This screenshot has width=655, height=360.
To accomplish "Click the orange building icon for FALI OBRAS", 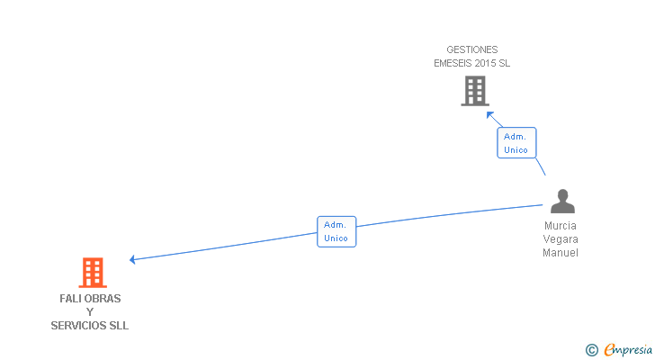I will pos(93,272).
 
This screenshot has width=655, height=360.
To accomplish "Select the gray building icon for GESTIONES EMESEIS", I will pos(475,91).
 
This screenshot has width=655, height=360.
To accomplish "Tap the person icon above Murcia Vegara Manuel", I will pos(562,202).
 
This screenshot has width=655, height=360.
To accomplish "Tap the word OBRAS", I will pos(103,298).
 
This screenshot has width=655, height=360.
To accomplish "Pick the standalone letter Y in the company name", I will pos(90,311).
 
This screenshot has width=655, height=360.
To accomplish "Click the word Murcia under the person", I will pos(561,226).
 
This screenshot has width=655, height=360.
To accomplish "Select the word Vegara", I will pos(561,239).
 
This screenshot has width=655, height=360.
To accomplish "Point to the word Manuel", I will pos(561,253).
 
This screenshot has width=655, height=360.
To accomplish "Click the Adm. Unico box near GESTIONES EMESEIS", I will pos(516,143).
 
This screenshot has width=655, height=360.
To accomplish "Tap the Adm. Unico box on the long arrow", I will pos(336,231).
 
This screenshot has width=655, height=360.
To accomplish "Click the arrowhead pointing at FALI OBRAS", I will pos(132,259).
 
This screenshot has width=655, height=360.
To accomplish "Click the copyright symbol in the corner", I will pos(591,350).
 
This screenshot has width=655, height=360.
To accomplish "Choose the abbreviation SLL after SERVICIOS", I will pos(120,325).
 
